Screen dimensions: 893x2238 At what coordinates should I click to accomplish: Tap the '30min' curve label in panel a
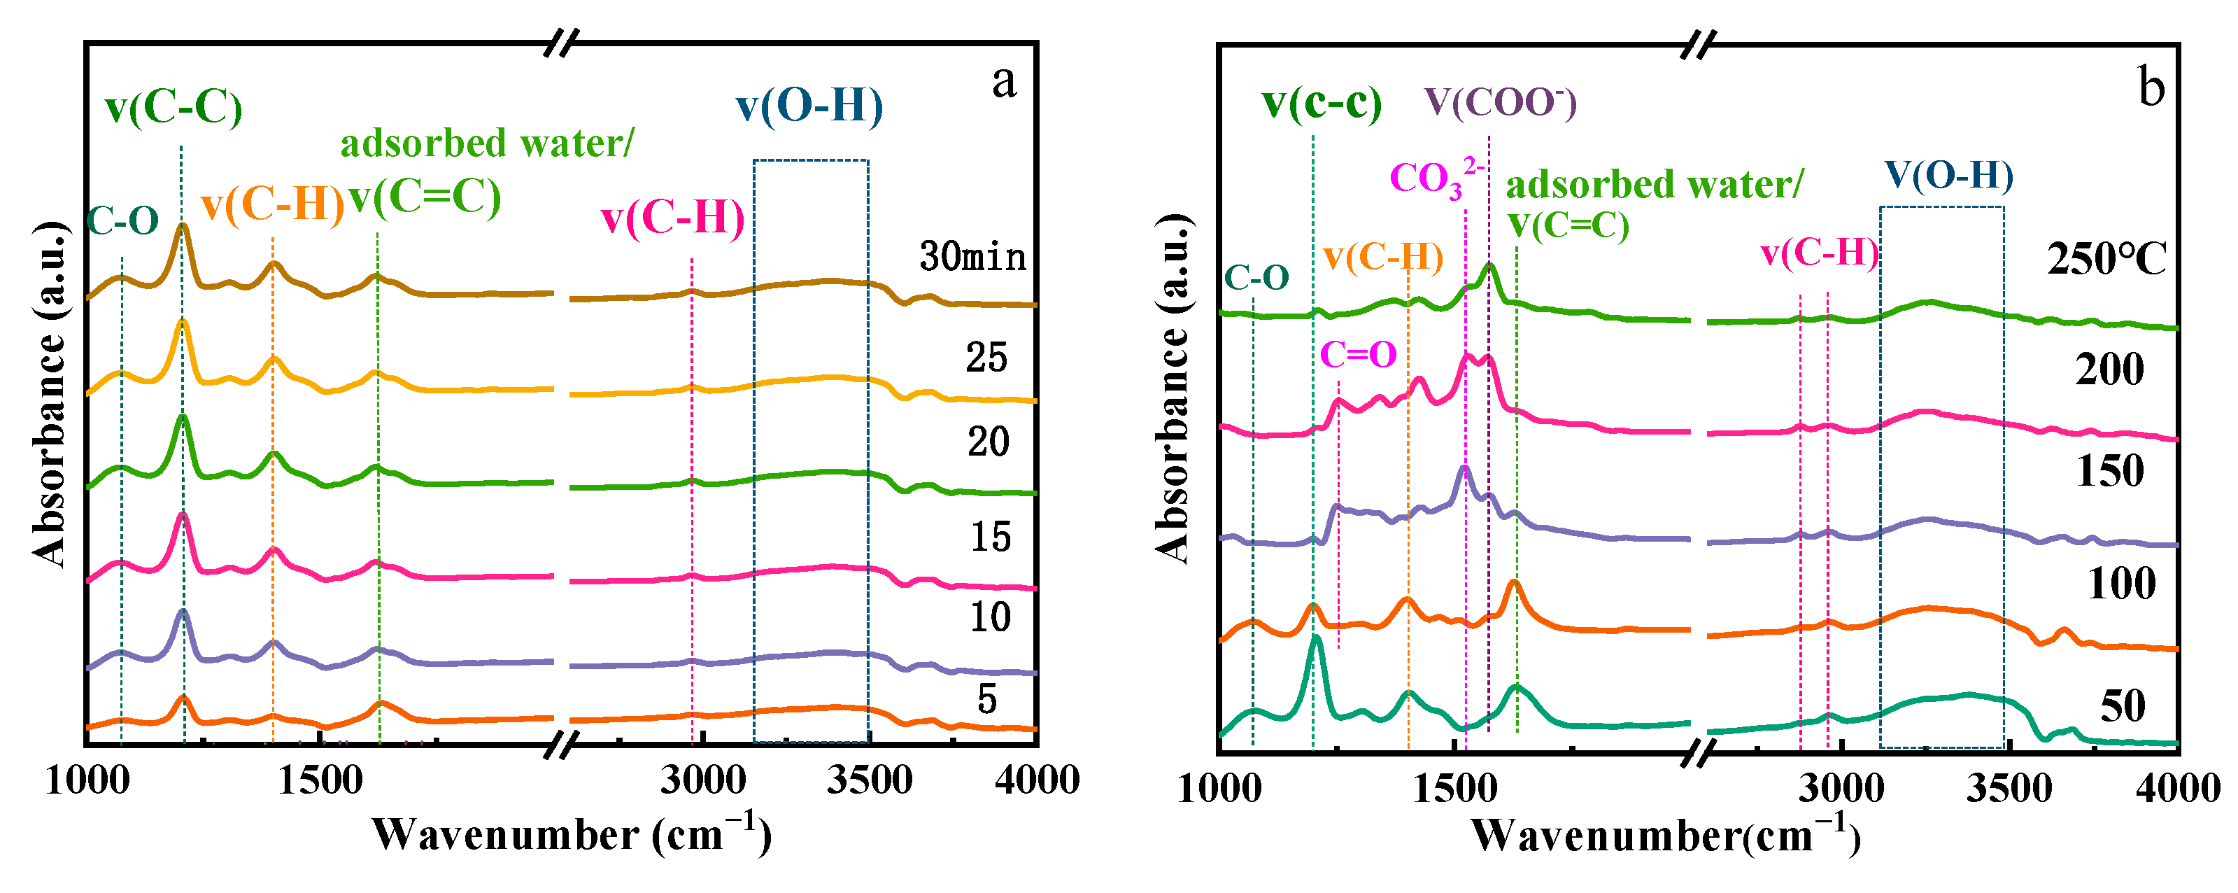click(x=972, y=257)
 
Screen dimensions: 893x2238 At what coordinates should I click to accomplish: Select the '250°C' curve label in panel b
click(x=2106, y=260)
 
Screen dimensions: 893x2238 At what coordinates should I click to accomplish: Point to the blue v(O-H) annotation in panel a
click(x=809, y=106)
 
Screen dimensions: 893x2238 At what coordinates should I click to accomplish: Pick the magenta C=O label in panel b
click(x=1358, y=354)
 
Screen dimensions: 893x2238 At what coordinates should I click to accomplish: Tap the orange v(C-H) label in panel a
click(x=272, y=205)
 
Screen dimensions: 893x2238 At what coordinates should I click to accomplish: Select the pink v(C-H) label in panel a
click(x=672, y=217)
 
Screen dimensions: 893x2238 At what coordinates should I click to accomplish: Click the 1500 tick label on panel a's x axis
click(x=320, y=781)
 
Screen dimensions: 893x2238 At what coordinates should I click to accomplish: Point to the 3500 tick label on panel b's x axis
click(x=2009, y=789)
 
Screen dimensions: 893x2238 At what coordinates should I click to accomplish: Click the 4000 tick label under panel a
click(x=1037, y=781)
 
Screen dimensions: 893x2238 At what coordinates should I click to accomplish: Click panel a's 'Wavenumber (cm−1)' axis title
click(x=571, y=835)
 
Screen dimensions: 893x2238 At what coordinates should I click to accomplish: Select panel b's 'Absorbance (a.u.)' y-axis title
click(x=1173, y=388)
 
